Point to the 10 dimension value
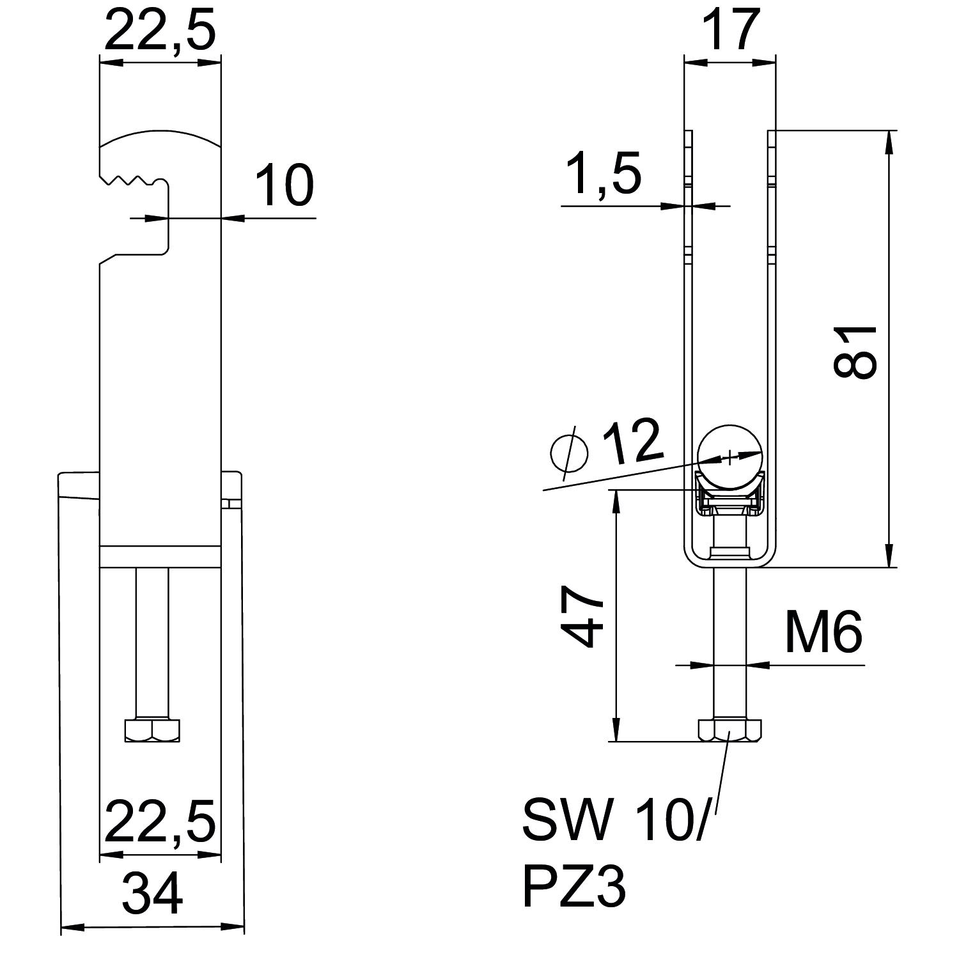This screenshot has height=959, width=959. (285, 185)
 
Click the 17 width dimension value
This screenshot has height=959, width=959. (729, 30)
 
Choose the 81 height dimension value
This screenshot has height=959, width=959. (855, 352)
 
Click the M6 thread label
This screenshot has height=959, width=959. (823, 632)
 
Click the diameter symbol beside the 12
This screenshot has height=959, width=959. (569, 453)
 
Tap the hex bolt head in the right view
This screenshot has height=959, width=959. (729, 730)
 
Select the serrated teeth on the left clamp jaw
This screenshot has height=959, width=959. (131, 178)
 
